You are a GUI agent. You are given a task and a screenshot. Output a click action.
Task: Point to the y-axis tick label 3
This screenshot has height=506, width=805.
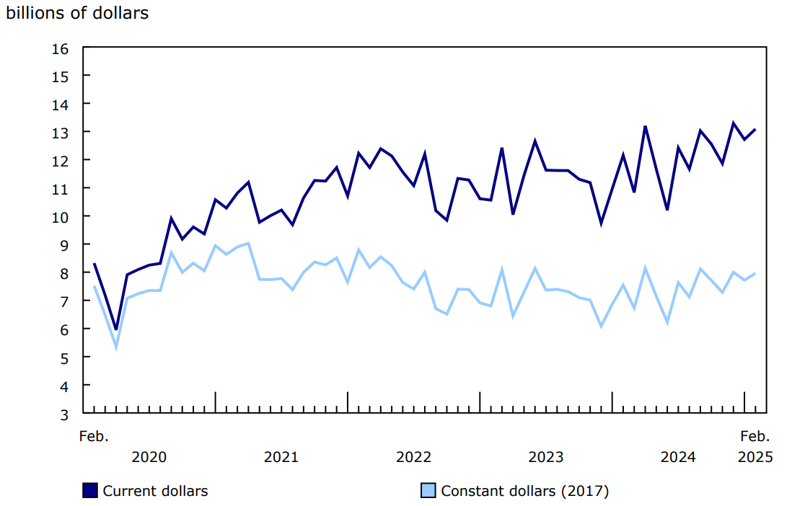(x=63, y=414)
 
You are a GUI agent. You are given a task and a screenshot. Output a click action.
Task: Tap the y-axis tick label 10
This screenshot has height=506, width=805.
(x=60, y=217)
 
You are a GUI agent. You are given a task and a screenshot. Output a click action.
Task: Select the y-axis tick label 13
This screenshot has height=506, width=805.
(x=60, y=133)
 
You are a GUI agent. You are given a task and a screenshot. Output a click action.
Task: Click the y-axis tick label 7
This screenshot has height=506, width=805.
(x=63, y=301)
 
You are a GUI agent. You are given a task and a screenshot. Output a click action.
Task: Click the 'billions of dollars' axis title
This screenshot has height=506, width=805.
(x=77, y=13)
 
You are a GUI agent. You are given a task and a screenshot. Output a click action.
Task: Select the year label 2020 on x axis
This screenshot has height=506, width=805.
(x=149, y=457)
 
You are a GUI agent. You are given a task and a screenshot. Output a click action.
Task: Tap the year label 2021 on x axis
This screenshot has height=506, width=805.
(x=281, y=457)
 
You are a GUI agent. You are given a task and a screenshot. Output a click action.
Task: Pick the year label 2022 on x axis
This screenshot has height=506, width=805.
(x=413, y=457)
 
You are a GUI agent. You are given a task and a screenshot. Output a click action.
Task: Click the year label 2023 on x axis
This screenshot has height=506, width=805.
(x=546, y=457)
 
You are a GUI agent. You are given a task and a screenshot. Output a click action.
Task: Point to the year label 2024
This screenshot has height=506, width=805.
(x=678, y=457)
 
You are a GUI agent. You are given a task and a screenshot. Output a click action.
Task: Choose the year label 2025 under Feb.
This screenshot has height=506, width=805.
(x=755, y=457)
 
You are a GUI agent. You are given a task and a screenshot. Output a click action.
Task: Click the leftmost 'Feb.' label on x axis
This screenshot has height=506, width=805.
(x=94, y=436)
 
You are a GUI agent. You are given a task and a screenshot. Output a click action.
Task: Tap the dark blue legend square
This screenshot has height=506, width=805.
(x=90, y=491)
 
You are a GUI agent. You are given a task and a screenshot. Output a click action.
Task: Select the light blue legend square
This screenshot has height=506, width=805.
(x=428, y=491)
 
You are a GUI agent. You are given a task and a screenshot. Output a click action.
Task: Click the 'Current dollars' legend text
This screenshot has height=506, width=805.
(x=155, y=491)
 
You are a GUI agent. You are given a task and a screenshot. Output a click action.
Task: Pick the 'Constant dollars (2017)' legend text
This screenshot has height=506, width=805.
(x=525, y=491)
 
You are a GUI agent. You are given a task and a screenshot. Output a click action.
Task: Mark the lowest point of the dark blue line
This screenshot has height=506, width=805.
(x=116, y=329)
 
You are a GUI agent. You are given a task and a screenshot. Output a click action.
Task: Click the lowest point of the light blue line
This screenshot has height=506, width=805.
(x=116, y=347)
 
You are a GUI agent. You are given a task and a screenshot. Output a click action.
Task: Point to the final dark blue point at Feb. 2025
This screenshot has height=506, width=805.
(x=755, y=130)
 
